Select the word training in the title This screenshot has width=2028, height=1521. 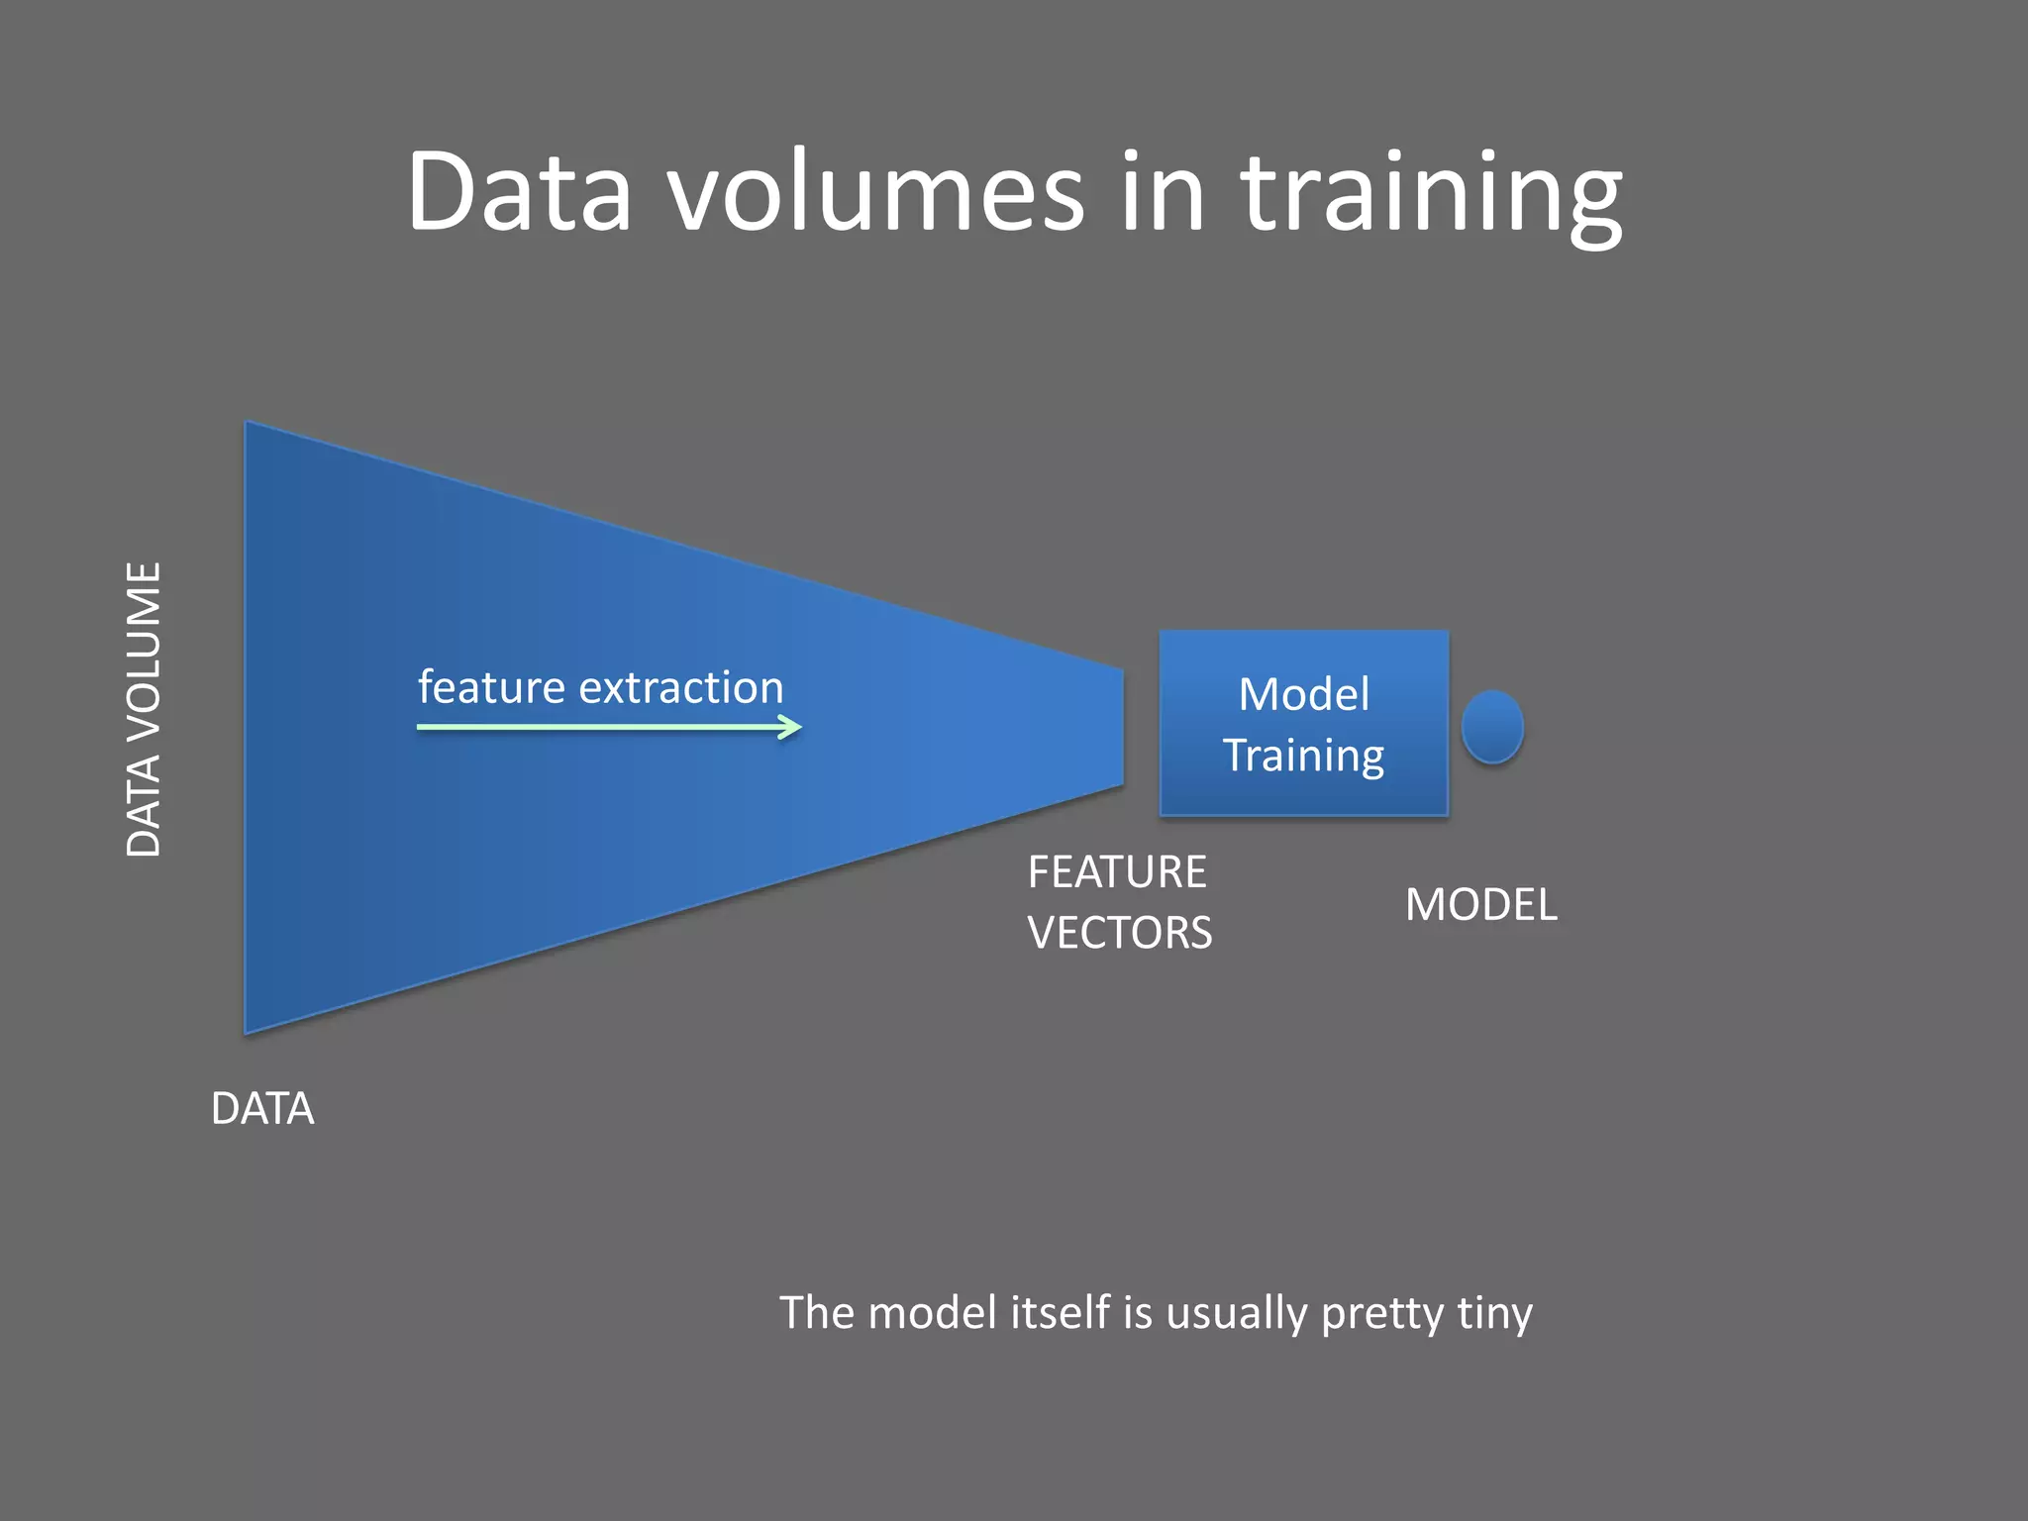click(1432, 194)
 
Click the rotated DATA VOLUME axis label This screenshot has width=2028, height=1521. click(145, 709)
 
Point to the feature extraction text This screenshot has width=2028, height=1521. click(600, 687)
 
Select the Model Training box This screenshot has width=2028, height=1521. click(1303, 723)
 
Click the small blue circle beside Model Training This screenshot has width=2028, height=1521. click(1492, 727)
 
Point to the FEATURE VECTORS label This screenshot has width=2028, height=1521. click(1119, 902)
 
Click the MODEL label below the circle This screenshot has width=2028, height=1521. click(1481, 905)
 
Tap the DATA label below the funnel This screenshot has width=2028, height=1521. click(262, 1109)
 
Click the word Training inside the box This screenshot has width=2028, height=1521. click(1303, 757)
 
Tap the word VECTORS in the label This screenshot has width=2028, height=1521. click(1119, 933)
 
